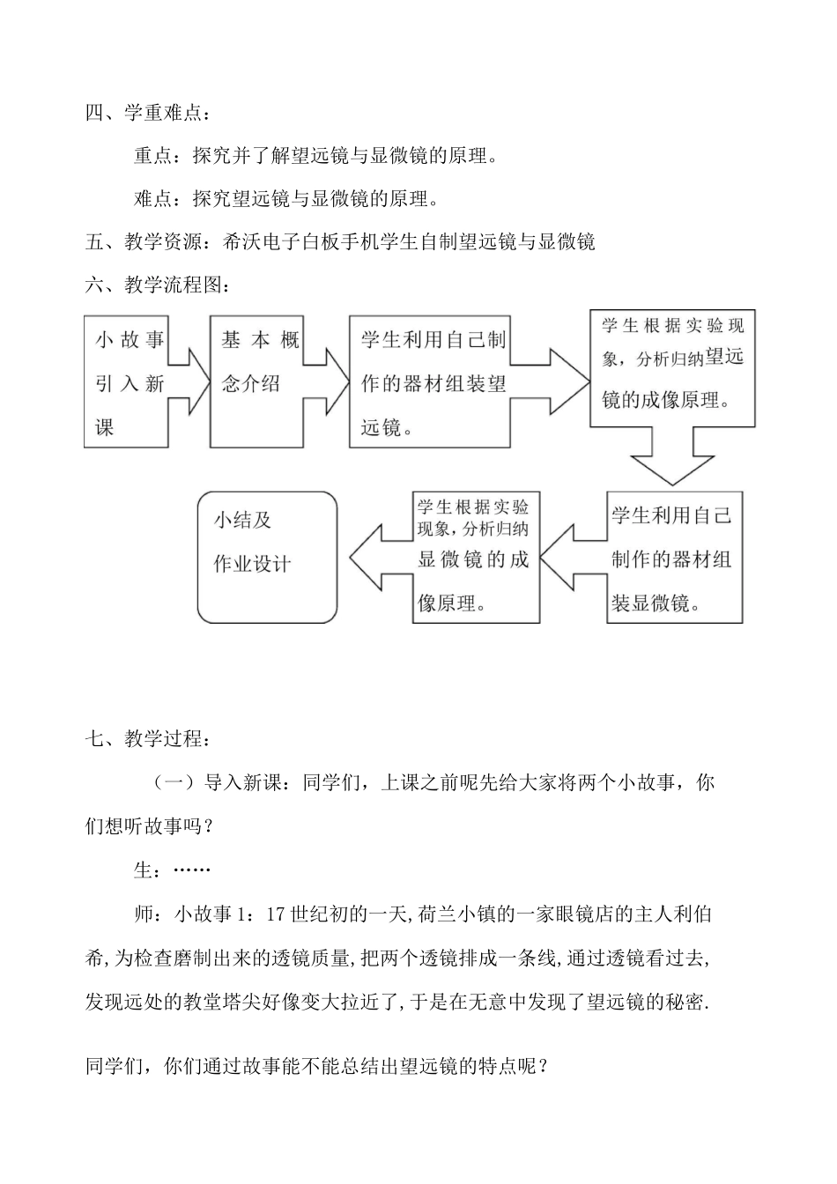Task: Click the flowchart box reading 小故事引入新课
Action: (126, 381)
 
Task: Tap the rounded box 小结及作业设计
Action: (268, 557)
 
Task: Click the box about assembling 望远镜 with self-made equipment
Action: (429, 381)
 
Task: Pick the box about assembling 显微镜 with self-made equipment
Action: (674, 557)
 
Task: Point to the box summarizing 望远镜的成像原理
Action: (672, 367)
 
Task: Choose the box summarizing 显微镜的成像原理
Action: (476, 557)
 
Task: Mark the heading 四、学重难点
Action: (148, 114)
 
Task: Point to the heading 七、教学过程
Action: (148, 738)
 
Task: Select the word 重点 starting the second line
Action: (152, 157)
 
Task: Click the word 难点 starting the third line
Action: (152, 199)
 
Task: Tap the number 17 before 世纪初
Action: (275, 914)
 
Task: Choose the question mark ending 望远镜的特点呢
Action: (544, 1067)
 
